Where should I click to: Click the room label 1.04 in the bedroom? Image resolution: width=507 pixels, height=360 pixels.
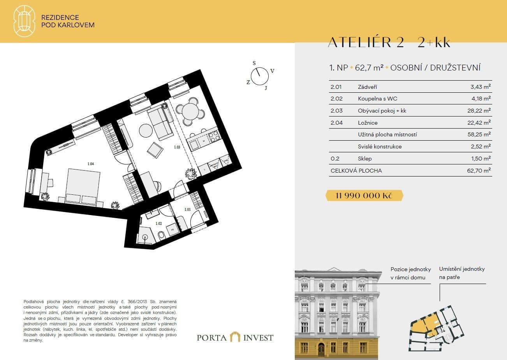91,164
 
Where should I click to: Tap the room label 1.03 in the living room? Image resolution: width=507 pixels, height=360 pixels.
178,147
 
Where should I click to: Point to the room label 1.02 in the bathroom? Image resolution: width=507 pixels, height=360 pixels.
158,223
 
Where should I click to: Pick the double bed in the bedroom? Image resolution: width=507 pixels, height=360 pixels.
83,186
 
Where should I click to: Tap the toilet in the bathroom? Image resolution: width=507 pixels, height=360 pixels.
161,235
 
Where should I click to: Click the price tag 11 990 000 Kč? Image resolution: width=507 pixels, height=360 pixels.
364,196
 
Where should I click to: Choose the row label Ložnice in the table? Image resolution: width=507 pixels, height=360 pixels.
368,123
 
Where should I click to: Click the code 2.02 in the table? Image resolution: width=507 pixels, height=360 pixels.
336,99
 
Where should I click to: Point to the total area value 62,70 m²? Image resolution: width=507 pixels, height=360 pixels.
479,171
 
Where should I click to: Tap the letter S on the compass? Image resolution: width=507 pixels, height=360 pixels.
254,63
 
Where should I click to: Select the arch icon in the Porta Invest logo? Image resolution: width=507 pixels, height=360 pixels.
235,337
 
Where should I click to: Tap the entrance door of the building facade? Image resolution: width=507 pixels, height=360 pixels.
321,349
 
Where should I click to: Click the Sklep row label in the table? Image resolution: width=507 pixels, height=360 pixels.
364,159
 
